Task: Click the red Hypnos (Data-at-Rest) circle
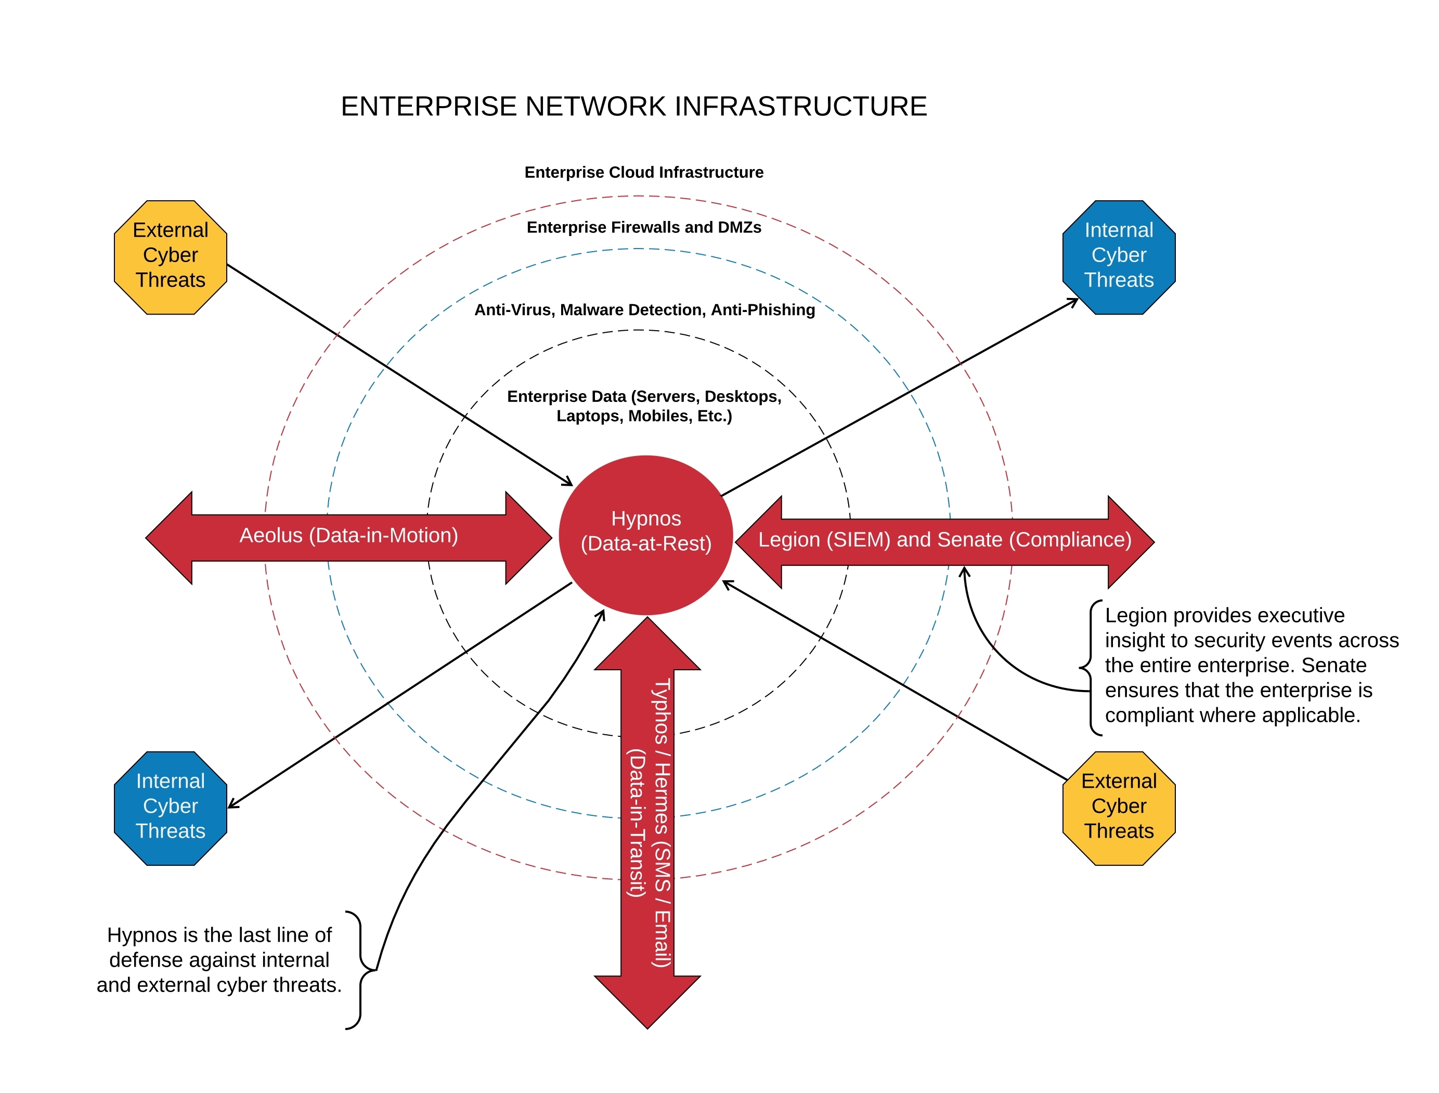tap(645, 535)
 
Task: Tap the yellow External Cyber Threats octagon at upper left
tap(171, 257)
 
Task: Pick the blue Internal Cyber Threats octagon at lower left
tap(171, 808)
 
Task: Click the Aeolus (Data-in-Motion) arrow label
tap(348, 536)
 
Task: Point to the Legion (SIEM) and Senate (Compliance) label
tap(944, 540)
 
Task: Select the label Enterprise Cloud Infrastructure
tap(643, 173)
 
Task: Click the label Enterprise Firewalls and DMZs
tap(643, 227)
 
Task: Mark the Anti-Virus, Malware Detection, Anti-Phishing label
tap(644, 310)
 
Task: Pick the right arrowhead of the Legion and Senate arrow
tap(1131, 542)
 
